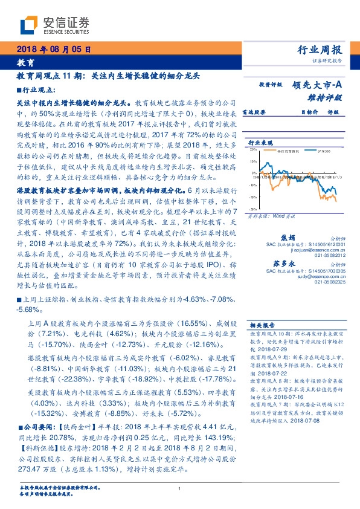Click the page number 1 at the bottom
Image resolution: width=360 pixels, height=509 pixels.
click(179, 488)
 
